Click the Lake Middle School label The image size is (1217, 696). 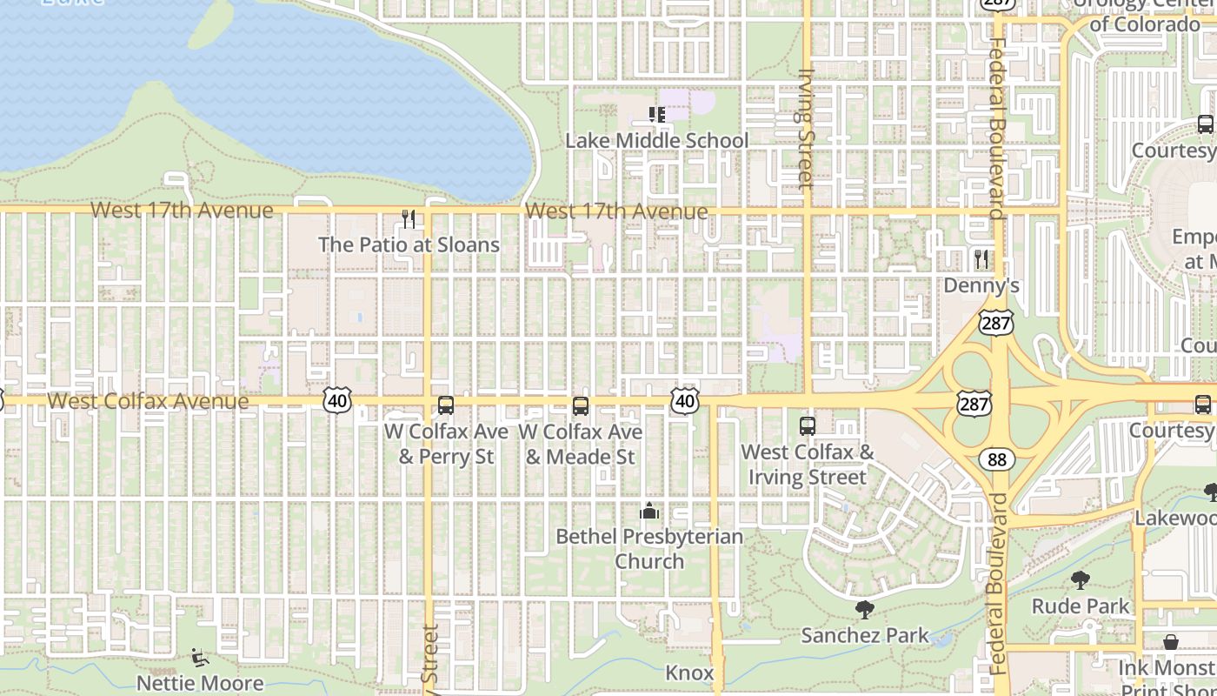pos(656,141)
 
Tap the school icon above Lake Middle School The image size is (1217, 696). pos(657,114)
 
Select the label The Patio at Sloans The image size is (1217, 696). pos(409,244)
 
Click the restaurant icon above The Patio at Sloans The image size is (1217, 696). pos(409,218)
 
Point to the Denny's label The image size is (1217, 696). pos(981,285)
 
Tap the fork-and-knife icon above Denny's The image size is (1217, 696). pos(981,258)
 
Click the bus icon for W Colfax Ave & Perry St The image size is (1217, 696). pos(445,405)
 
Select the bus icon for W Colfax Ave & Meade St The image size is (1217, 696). pos(581,405)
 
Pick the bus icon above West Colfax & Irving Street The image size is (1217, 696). pos(808,425)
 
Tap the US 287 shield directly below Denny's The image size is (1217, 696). pos(995,323)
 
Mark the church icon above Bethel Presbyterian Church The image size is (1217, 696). pos(649,511)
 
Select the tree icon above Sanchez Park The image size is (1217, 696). pos(864,609)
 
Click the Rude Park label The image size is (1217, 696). pos(1081,606)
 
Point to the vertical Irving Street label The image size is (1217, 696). pos(806,129)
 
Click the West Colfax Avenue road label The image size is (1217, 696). pos(148,401)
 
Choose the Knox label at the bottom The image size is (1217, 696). pos(689,673)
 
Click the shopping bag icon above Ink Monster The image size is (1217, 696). pos(1171,642)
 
